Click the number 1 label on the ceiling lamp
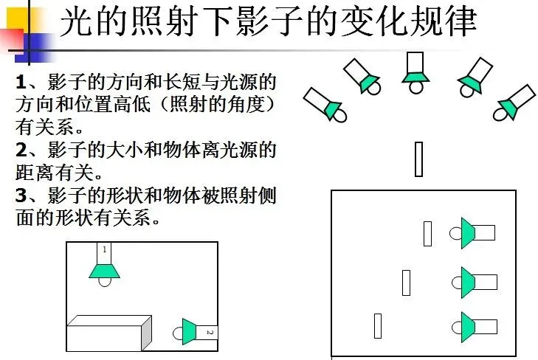105,249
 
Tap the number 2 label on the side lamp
210,332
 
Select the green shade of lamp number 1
104,271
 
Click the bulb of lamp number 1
105,282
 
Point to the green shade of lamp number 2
189,331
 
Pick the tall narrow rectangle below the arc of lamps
418,159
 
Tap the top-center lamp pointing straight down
415,73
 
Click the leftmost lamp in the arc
325,105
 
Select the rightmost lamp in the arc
514,103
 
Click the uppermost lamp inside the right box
472,233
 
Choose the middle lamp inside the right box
475,283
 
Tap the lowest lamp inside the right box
475,327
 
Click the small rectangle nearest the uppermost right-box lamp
427,234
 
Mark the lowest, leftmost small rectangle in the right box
378,326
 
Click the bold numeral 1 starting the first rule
21,83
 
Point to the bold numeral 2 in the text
21,150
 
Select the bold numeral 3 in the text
21,195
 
